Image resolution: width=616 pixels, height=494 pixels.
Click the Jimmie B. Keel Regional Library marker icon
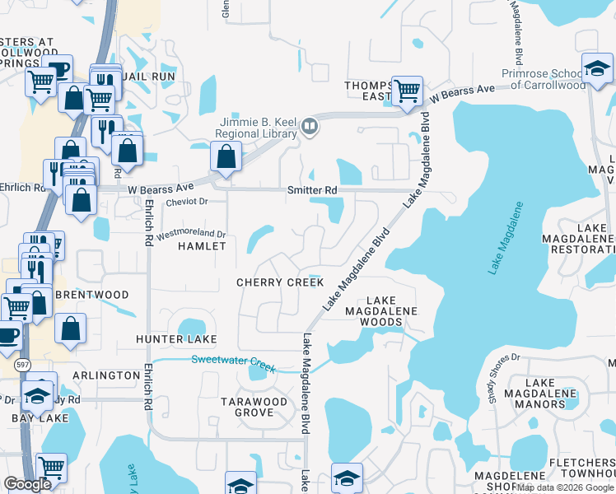pyautogui.click(x=310, y=126)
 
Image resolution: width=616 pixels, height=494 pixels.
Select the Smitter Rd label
pyautogui.click(x=312, y=190)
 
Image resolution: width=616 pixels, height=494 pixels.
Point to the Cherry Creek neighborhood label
pyautogui.click(x=280, y=282)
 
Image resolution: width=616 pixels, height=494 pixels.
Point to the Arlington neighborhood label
pyautogui.click(x=106, y=375)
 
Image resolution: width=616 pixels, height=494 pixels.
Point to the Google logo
pyautogui.click(x=27, y=484)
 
